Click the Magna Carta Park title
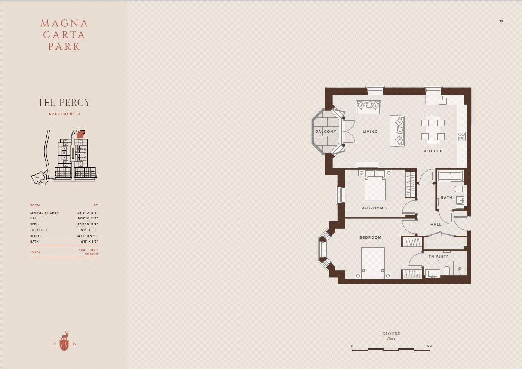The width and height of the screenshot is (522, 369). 64,35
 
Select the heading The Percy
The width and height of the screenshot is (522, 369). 64,102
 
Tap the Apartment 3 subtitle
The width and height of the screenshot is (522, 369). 64,114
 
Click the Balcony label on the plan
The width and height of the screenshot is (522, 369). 325,132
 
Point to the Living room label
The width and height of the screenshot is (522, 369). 370,132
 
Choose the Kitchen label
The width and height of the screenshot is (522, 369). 433,151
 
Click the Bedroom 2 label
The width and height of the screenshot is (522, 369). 375,208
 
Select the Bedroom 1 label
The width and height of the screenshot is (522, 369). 372,237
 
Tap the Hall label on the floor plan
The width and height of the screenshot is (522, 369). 436,224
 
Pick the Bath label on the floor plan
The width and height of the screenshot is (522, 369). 446,198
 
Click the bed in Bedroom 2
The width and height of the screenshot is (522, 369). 375,186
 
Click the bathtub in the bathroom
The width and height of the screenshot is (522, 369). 450,176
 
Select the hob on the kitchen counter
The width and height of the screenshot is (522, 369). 461,136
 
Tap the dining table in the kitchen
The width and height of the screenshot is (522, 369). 433,129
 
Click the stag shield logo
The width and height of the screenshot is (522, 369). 64,342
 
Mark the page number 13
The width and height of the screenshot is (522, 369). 501,21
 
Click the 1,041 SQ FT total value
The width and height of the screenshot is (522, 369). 88,250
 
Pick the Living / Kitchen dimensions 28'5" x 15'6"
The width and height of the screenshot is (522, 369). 88,212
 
